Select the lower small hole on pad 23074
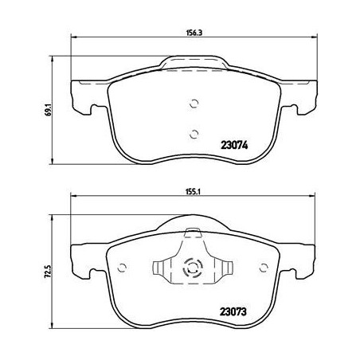pos(191,133)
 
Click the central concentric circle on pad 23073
pos(191,268)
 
